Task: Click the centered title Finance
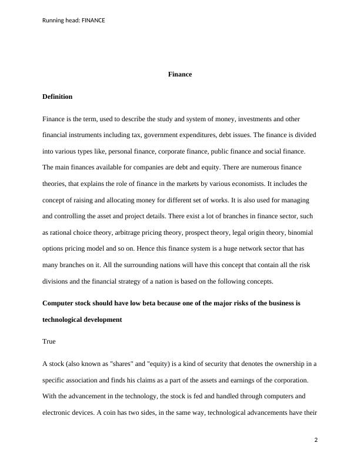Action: tap(180, 75)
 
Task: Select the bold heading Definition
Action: tap(58, 96)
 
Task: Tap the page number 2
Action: tap(316, 440)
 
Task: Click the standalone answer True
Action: tap(49, 341)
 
